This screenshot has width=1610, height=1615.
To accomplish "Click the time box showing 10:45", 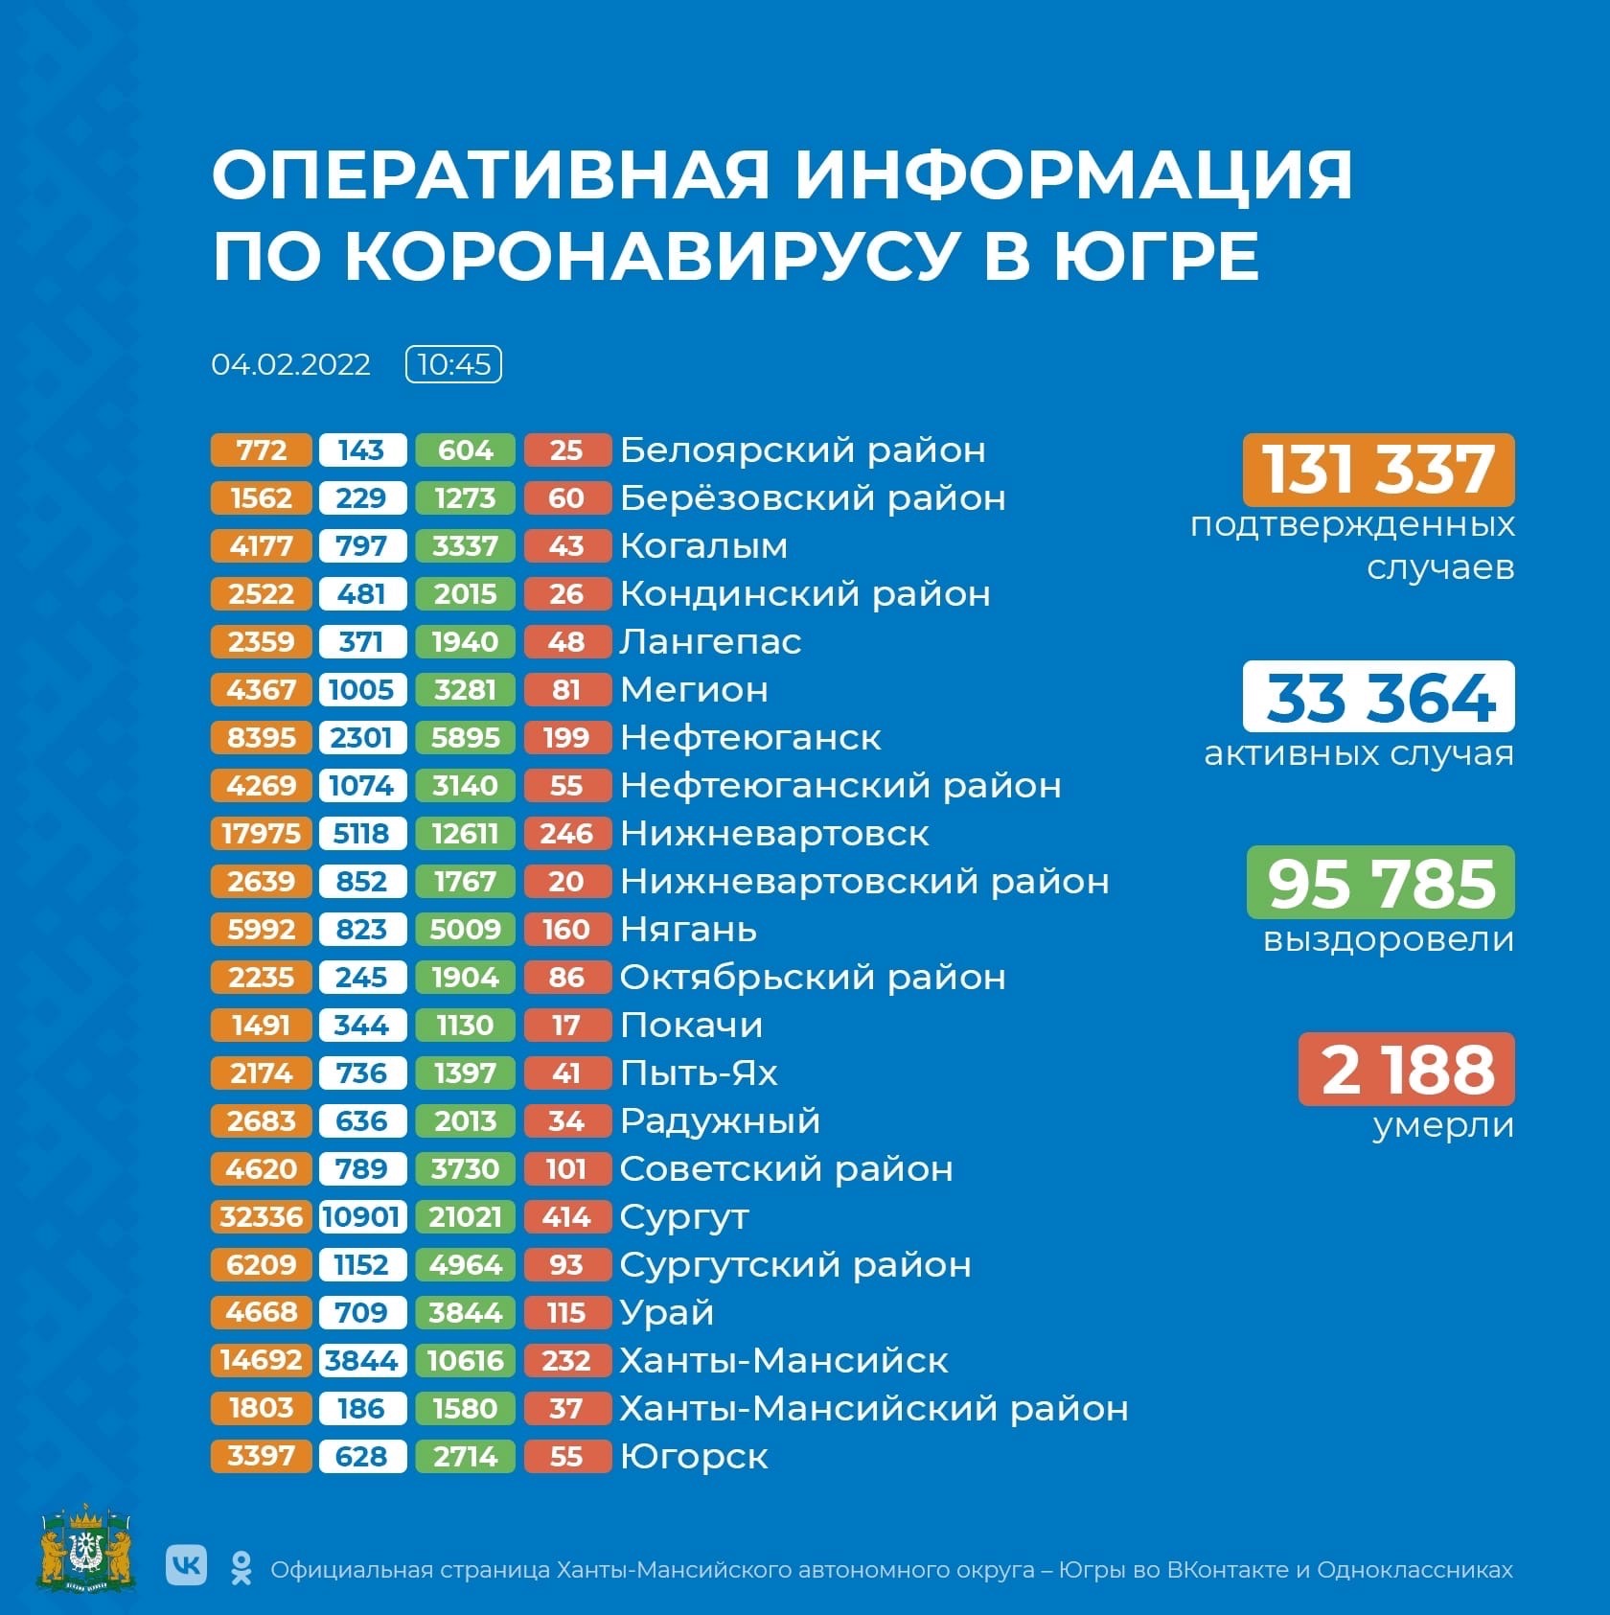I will coord(453,364).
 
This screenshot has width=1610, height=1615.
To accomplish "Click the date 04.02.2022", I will coord(290,365).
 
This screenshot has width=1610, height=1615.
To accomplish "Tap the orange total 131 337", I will coord(1378,470).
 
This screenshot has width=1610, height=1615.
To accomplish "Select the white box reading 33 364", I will coord(1378,697).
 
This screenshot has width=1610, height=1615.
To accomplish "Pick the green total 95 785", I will coord(1380,883).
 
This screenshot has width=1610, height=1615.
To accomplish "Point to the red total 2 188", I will coord(1407,1069).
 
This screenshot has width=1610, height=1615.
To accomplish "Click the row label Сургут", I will coord(684,1217).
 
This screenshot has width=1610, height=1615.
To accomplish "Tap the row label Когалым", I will coord(703,546).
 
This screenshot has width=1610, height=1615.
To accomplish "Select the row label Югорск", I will coord(694,1457).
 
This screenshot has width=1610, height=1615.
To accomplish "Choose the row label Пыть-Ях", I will coord(699,1073).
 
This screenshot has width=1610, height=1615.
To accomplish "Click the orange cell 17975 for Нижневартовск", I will coord(261,834).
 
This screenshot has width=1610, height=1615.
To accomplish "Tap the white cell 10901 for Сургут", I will coord(361,1217).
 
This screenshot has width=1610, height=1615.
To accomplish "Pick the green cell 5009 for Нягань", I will coord(465,930).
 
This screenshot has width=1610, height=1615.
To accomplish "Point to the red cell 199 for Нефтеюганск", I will coord(566,738).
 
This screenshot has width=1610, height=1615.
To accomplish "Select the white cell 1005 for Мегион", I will coord(361,690).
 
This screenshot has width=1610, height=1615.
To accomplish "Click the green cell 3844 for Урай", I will coord(465,1313).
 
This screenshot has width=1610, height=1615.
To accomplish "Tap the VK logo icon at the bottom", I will coord(186,1565).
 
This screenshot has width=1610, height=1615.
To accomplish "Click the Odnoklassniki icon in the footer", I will coord(241,1568).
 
